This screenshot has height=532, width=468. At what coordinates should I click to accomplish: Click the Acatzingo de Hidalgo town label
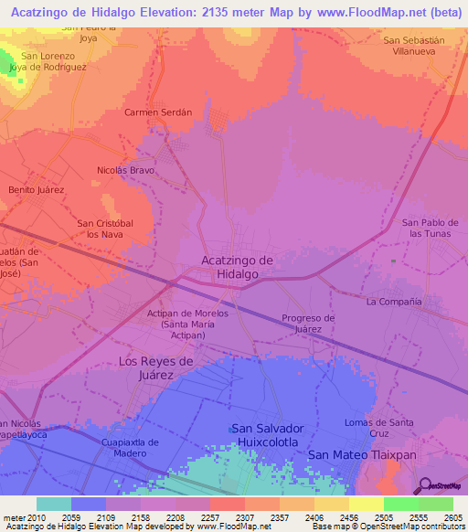pyautogui.click(x=237, y=267)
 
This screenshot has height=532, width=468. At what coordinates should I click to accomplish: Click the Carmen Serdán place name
pyautogui.click(x=158, y=112)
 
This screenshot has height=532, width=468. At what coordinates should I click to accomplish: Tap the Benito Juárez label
pyautogui.click(x=35, y=189)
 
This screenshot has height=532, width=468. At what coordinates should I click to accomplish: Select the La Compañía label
pyautogui.click(x=393, y=301)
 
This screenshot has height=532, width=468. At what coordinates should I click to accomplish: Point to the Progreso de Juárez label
pyautogui.click(x=308, y=324)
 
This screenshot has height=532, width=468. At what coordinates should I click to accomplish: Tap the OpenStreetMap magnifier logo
pyautogui.click(x=425, y=484)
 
